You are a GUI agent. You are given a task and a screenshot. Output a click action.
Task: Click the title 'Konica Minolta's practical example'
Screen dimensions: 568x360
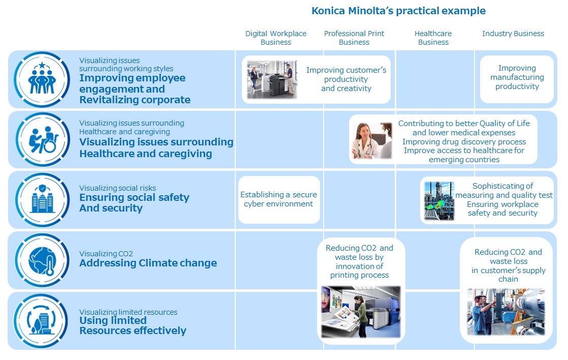(398, 11)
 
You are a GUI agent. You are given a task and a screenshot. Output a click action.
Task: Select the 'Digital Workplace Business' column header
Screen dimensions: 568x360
(276, 38)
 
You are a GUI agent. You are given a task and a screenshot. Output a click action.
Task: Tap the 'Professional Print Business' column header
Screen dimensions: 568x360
(354, 38)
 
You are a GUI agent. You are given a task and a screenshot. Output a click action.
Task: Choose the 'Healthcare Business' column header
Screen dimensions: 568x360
(433, 38)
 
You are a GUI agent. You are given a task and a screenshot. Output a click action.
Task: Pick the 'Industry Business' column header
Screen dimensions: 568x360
(513, 34)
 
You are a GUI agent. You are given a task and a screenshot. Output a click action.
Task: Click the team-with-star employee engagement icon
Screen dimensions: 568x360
(42, 79)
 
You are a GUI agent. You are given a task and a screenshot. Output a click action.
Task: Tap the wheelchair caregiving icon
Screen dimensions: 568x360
(43, 140)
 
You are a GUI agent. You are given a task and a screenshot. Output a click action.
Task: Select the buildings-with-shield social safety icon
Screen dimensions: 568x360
(42, 200)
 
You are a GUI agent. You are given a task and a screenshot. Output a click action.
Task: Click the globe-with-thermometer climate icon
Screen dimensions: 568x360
(42, 260)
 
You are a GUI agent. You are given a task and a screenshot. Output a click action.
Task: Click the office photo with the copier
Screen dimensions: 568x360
(272, 80)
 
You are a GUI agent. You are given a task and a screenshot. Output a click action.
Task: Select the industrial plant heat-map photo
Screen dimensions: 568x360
(439, 201)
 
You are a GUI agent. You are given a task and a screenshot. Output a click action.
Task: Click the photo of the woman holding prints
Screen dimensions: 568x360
(361, 312)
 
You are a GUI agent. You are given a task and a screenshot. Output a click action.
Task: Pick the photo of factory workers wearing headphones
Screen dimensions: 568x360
(506, 312)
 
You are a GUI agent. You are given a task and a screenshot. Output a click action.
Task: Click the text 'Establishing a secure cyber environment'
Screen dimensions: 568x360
(278, 199)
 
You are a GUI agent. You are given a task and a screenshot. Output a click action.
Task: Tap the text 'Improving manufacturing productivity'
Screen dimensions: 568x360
(517, 77)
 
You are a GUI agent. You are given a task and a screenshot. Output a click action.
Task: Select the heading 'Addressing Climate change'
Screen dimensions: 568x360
(148, 263)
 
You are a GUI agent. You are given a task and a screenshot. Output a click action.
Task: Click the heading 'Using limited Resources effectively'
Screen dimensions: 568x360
(133, 325)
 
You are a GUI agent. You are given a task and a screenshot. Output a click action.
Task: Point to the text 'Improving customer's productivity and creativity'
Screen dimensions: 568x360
(346, 79)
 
